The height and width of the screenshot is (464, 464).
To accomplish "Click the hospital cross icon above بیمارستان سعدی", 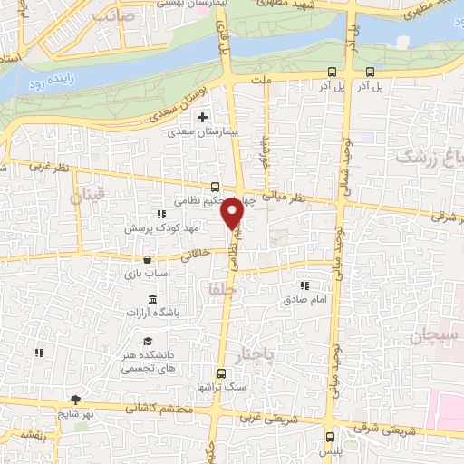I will click(x=202, y=117).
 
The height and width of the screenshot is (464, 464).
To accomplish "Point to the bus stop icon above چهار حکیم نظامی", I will click(x=215, y=186).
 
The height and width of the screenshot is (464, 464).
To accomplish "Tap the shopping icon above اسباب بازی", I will click(x=147, y=260).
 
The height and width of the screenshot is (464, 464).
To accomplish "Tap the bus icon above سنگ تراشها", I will click(x=221, y=373).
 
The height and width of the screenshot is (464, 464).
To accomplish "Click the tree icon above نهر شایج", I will click(x=75, y=400).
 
